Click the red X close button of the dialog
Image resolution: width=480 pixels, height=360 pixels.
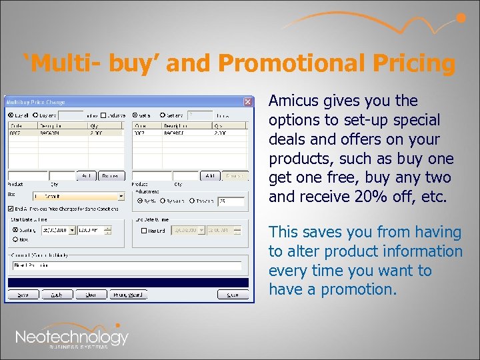[248, 102]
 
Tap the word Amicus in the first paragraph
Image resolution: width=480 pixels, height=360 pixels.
[293, 101]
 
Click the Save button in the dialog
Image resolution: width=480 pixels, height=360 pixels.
[23, 294]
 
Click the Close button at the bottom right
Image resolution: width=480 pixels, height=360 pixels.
[232, 294]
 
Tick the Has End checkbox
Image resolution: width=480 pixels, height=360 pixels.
[145, 231]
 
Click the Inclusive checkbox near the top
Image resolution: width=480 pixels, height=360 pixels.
[103, 115]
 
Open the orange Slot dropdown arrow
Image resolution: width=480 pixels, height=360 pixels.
[121, 197]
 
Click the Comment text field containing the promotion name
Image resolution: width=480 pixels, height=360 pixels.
[127, 265]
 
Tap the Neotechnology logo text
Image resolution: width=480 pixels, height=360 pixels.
[71, 337]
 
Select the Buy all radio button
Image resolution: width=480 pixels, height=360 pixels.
[11, 115]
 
